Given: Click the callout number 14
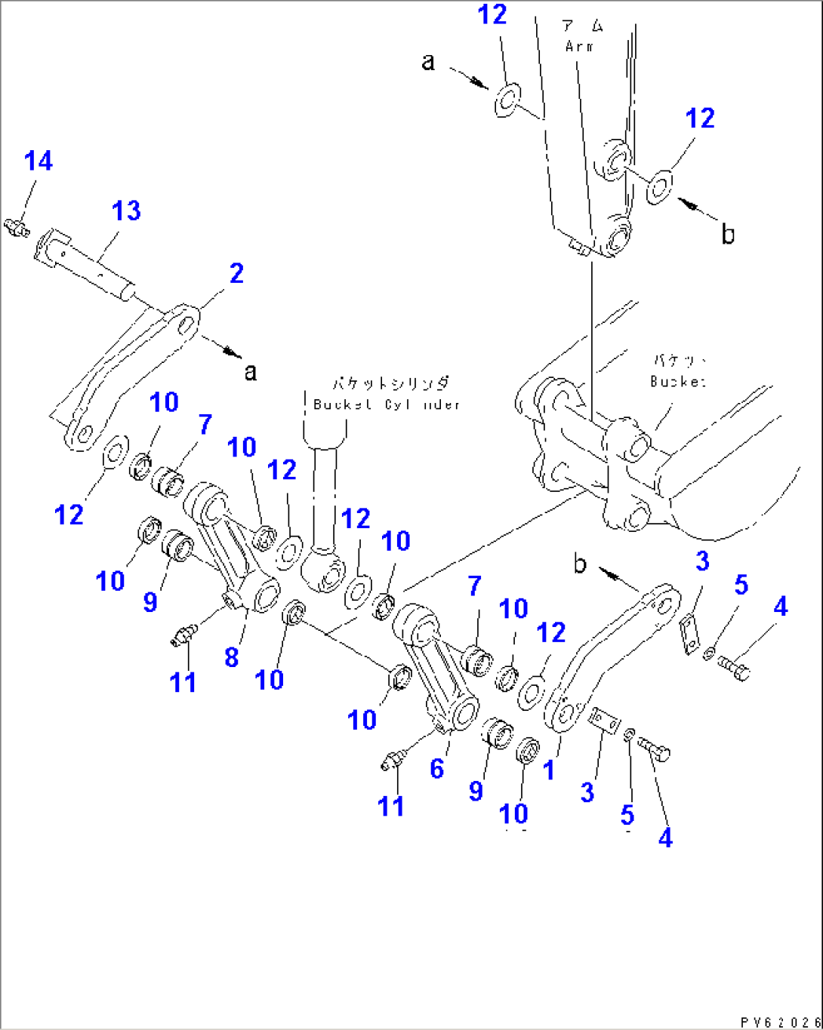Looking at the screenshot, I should coord(39,161).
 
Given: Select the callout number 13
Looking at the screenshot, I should coord(126,211).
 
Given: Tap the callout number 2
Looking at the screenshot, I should coord(236,273).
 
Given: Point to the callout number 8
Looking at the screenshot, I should coord(232,656).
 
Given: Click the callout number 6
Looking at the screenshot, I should coord(437,768).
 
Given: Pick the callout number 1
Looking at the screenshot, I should coord(549,770).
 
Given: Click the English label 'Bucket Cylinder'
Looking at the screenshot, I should coord(386,404).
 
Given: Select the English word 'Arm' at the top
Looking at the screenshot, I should coord(580,47).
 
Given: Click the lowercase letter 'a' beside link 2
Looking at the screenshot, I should coord(251,371).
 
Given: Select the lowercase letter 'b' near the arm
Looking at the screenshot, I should coord(727,235).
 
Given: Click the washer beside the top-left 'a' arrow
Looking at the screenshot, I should coord(507,99).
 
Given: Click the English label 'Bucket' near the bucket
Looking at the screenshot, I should coord(677,381).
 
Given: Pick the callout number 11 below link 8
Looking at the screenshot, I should coord(183,682).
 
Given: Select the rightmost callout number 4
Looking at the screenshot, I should coord(781,605).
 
